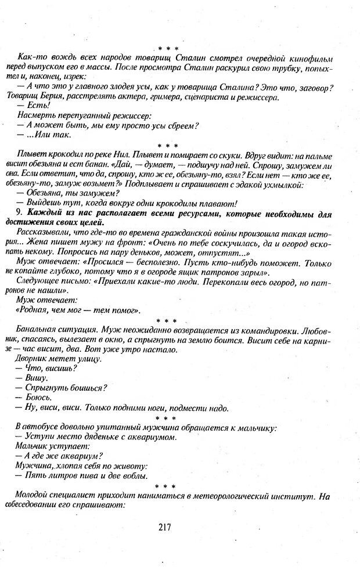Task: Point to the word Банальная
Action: (x=41, y=329)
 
